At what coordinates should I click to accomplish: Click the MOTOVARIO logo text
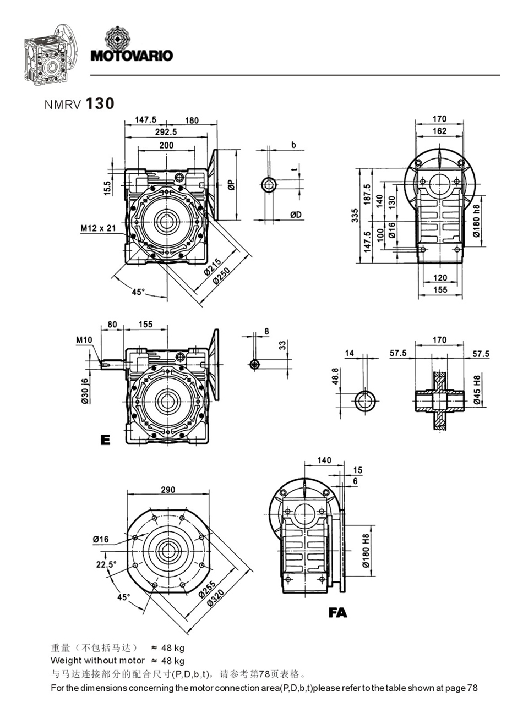pos(132,55)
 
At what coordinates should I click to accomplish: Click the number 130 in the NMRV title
pos(100,103)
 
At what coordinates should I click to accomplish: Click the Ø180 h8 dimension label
pos(476,219)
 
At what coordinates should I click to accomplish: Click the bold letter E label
pos(105,440)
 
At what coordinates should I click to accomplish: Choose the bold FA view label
pos(337,612)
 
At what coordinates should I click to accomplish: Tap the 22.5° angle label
pos(106,564)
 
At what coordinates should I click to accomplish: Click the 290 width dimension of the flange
pos(168,490)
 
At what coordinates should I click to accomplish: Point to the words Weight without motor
pos(97,660)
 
